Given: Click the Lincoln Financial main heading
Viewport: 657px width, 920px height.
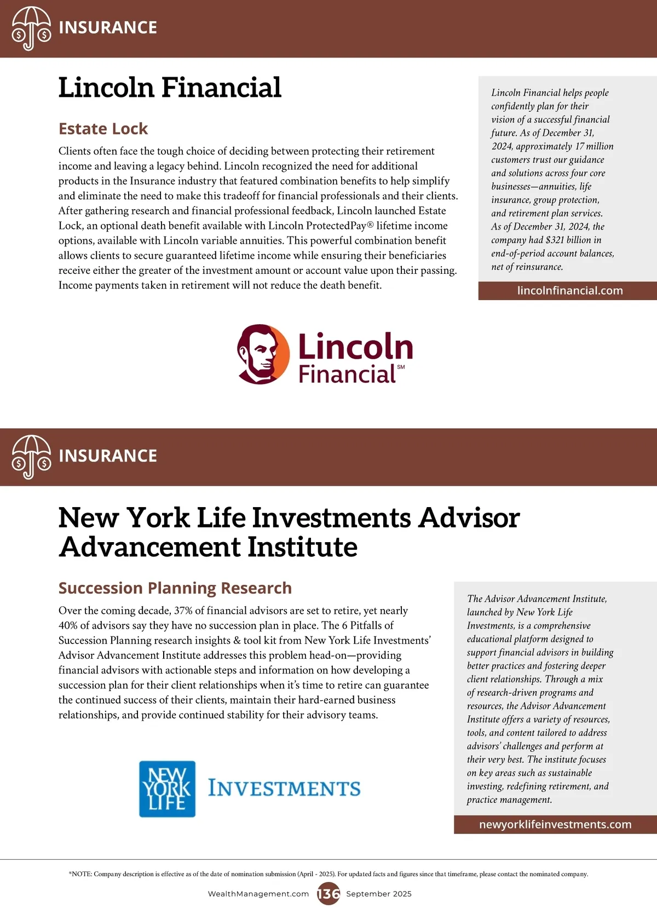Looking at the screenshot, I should (170, 88).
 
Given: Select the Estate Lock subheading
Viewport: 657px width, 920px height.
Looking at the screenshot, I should (103, 129).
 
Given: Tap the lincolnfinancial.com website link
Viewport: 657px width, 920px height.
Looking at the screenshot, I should (570, 291).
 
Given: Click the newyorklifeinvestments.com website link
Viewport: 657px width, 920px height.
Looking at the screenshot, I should (555, 825).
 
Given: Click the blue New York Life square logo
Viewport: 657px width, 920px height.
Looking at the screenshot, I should (167, 789).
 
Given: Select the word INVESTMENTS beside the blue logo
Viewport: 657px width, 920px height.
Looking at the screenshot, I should (284, 789).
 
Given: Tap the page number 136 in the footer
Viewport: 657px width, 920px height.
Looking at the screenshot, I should (328, 894).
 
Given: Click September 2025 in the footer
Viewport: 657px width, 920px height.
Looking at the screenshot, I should (379, 894).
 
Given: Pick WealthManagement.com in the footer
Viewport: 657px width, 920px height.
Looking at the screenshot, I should (258, 894).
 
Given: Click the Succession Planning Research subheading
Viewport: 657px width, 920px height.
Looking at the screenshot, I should (175, 588).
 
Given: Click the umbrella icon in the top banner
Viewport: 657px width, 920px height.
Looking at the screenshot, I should (31, 28).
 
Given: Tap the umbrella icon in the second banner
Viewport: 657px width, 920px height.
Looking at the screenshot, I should (31, 457).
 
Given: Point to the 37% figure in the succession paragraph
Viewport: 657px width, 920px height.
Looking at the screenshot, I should (184, 611).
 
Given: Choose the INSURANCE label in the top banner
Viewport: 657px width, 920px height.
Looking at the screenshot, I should (108, 28).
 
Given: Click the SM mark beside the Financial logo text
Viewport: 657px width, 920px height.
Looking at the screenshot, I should (401, 367).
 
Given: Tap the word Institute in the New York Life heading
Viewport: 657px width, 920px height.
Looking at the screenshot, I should (302, 547).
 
